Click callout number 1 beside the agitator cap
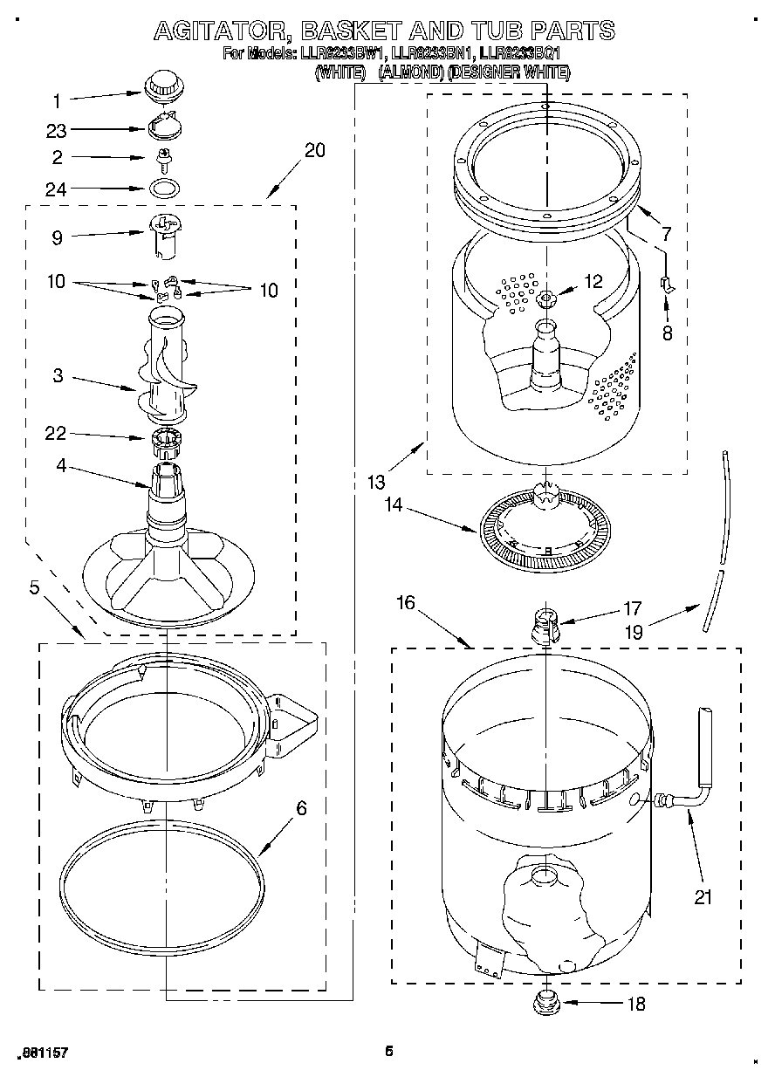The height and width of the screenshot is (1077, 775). (57, 99)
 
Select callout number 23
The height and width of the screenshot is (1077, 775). (57, 130)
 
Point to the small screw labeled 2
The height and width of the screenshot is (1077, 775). (161, 158)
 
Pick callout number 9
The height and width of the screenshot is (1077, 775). (57, 236)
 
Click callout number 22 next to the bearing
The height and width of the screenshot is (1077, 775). (57, 434)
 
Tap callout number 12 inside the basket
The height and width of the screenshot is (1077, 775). (593, 281)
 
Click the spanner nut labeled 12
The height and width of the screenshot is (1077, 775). (546, 298)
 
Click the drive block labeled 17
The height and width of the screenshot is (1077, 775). (544, 625)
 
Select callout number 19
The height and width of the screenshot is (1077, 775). (634, 631)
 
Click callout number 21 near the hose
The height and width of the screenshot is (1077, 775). (703, 895)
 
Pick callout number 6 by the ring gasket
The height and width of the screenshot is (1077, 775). (301, 808)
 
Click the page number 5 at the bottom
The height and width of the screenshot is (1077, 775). (389, 1051)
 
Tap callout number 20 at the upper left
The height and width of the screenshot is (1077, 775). (314, 150)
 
